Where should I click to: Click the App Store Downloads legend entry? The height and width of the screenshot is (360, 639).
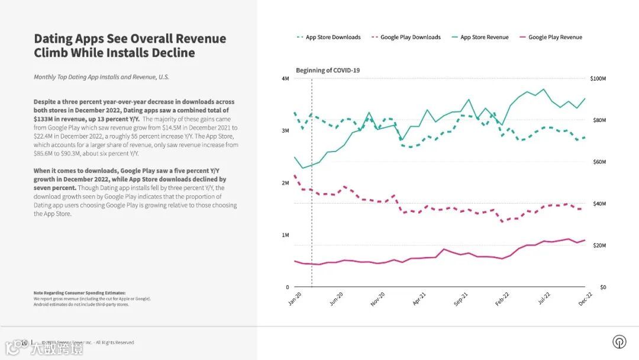tap(333, 37)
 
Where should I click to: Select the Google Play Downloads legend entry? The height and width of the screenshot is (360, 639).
tap(410, 37)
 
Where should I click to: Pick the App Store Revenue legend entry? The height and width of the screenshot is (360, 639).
tap(484, 37)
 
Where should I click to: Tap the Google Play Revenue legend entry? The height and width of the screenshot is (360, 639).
tap(555, 37)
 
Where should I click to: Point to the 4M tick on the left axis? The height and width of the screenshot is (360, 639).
tap(285, 79)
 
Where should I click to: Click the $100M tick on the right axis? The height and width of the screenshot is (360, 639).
tap(598, 79)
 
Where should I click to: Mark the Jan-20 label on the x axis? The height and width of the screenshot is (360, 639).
tap(295, 298)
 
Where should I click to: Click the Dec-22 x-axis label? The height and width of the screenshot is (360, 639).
tap(585, 298)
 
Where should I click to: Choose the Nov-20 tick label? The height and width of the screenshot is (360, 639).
tap(377, 298)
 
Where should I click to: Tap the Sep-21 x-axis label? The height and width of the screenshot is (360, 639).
tap(461, 298)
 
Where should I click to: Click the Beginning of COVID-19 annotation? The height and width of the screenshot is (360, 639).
tap(328, 70)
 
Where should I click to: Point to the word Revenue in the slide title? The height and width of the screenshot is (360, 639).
tap(201, 39)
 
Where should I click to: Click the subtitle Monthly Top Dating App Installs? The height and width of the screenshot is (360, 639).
tap(101, 77)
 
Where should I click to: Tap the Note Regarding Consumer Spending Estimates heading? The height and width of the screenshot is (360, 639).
tap(79, 293)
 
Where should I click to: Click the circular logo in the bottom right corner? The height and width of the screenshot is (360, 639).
tap(619, 342)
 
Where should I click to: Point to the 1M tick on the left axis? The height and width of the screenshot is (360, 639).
tap(285, 235)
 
